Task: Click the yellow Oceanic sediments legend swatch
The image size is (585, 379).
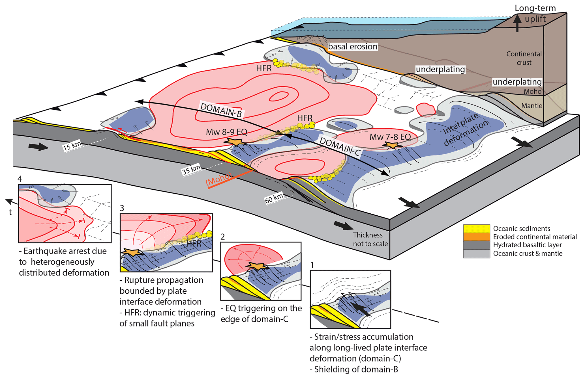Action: tap(476, 228)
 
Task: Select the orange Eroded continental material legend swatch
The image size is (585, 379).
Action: tap(476, 237)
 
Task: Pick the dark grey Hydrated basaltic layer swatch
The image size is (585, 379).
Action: tap(476, 245)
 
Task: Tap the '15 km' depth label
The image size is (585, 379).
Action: tap(72, 146)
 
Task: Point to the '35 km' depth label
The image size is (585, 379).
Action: tap(191, 170)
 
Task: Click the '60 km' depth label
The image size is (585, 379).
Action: tap(274, 198)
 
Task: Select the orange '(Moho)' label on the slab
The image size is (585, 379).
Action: tap(219, 180)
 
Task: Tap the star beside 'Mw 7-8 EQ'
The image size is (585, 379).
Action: tap(392, 145)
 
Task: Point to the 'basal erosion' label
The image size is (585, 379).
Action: tap(353, 46)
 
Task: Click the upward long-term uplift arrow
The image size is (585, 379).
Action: tap(517, 23)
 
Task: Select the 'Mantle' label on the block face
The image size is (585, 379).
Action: tap(532, 106)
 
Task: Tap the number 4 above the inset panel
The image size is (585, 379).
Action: tap(20, 179)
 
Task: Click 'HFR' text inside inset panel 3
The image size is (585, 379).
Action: tap(194, 243)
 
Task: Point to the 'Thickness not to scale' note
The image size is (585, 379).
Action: tap(370, 239)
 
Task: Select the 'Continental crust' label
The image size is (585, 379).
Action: tap(524, 58)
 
